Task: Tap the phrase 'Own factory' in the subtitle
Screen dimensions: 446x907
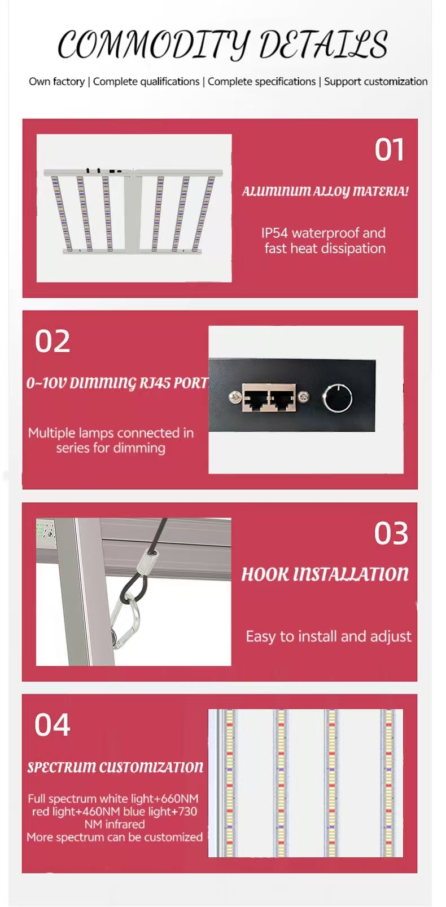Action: [x=57, y=82]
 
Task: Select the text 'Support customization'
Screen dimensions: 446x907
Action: [x=375, y=82]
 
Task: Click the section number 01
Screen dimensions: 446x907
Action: [x=389, y=150]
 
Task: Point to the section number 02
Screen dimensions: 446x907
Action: [x=53, y=342]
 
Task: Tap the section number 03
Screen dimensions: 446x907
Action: [x=391, y=533]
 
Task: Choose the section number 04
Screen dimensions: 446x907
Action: [x=53, y=725]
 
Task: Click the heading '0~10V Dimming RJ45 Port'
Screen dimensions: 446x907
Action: [x=117, y=383]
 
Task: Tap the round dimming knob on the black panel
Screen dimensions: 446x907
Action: [x=338, y=398]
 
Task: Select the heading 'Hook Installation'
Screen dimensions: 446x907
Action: [x=325, y=574]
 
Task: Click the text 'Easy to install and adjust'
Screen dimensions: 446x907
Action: [x=329, y=636]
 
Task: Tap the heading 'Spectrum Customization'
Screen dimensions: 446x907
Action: [x=115, y=767]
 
